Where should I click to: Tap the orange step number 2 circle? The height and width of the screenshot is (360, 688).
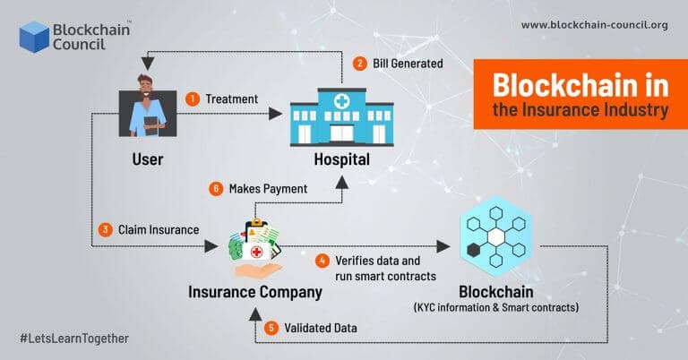coord(359,64)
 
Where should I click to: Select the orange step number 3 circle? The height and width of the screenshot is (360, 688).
coord(105,230)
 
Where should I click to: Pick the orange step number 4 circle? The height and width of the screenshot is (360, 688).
coord(322,261)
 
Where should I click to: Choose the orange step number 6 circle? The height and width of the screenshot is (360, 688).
coord(215,189)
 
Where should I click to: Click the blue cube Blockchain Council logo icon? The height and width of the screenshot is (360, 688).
coord(34,37)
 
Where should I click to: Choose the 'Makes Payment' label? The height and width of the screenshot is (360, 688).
coord(268,189)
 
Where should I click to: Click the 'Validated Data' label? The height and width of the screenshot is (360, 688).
coord(322,329)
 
